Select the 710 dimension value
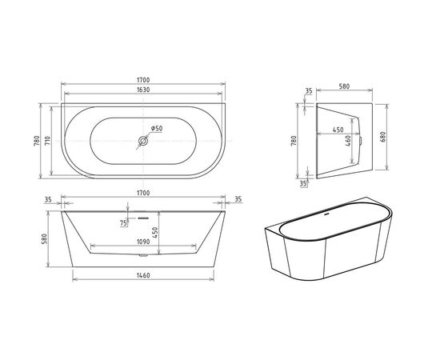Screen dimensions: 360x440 (50, 141)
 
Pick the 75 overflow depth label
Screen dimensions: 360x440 (122, 223)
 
